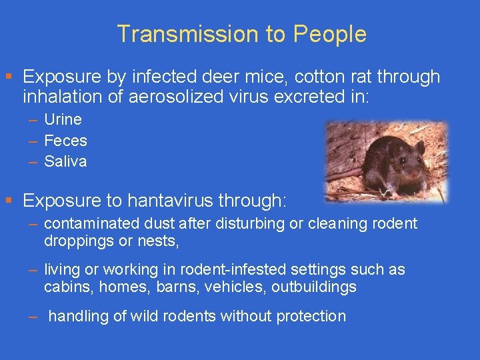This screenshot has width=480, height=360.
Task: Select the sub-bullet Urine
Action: point(63,120)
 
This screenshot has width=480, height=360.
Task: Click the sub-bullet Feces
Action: point(65,141)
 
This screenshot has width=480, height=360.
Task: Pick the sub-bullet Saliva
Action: point(65,161)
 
